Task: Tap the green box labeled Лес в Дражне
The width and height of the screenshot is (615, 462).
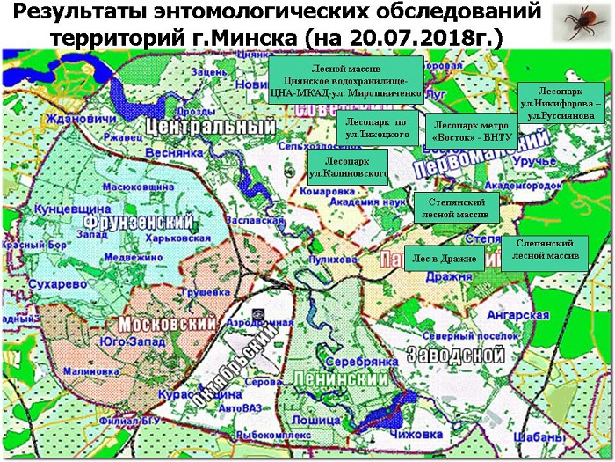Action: pos(445,259)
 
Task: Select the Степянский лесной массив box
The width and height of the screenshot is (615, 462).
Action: pos(456,208)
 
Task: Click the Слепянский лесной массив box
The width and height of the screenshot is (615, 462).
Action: pos(546,249)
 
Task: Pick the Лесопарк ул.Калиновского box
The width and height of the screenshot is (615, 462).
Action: pos(349,168)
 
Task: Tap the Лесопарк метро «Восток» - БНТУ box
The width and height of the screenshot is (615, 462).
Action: pos(470,133)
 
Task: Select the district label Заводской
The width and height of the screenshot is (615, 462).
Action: pos(456,355)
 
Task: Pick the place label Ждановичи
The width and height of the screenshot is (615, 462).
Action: pos(79,119)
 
